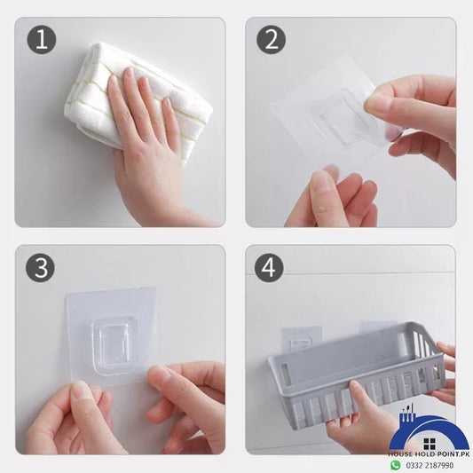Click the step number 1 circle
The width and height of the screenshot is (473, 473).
(x=42, y=40)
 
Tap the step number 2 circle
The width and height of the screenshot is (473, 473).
(x=272, y=40)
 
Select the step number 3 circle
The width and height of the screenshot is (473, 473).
(x=40, y=268)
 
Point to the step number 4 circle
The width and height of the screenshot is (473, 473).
(x=269, y=268)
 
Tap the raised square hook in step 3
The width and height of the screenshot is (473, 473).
(x=113, y=345)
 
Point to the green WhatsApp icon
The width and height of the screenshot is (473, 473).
(x=396, y=465)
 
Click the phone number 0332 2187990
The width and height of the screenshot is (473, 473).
(x=430, y=465)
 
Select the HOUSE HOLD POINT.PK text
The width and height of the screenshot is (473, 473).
(x=429, y=453)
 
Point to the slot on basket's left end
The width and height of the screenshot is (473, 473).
(x=286, y=373)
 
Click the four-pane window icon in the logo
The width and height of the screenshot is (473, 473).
(x=429, y=444)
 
